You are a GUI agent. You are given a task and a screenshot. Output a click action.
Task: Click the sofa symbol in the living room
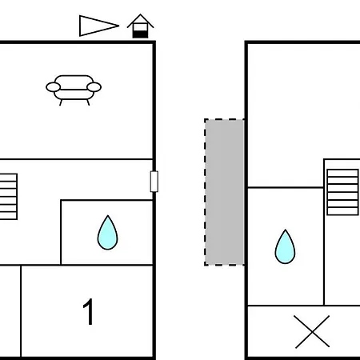tap(74, 90)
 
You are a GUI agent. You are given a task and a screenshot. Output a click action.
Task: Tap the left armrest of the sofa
tap(54, 87)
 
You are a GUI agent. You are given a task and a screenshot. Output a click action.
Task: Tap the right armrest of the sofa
tap(94, 87)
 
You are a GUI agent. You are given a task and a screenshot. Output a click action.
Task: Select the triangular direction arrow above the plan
tap(98, 26)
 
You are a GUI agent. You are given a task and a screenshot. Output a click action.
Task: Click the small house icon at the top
tap(140, 26)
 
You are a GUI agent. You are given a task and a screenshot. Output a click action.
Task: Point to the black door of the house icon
tap(140, 34)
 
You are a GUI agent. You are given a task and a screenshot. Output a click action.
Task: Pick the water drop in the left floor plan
tap(107, 233)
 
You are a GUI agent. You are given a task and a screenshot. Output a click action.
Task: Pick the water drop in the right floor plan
tap(285, 246)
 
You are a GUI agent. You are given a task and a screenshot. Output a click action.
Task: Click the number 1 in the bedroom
tap(89, 311)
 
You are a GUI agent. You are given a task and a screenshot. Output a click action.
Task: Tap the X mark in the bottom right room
tap(312, 332)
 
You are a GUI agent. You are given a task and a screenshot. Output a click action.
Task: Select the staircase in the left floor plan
tap(9, 197)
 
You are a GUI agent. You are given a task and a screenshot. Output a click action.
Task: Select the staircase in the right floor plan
tap(342, 192)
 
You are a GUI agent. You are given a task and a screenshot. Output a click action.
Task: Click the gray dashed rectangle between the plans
tap(224, 192)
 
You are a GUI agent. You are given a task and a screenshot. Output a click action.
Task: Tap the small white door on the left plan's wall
tap(154, 182)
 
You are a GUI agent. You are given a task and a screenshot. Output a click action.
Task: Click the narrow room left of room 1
tap(10, 311)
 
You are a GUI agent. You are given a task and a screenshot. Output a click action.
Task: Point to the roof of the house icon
tap(140, 20)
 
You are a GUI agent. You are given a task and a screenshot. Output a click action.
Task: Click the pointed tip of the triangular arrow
tap(119, 26)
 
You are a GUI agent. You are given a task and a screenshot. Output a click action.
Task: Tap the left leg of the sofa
tap(61, 102)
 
